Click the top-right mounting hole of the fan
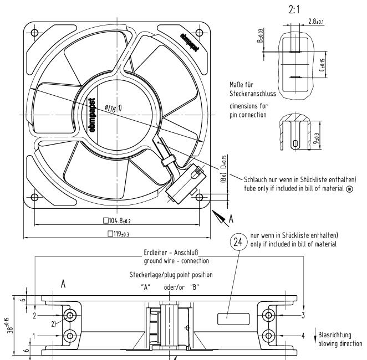[x=199, y=32]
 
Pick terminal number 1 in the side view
[x=34, y=335]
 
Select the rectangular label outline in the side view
[x=230, y=318]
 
